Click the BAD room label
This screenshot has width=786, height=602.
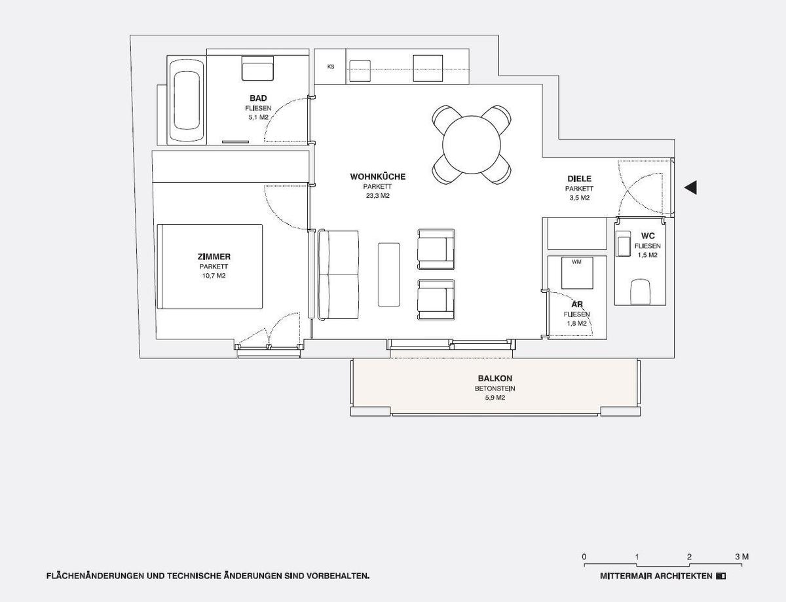point(258,98)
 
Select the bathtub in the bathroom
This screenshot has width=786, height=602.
point(187,101)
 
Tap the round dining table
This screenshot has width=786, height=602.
point(471,144)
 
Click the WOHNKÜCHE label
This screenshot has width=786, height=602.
point(378,177)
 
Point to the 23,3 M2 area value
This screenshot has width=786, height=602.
point(378,195)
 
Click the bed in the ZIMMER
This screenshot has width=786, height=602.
point(210,267)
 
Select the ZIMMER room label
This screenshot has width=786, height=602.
point(214,257)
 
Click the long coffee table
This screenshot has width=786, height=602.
point(389,274)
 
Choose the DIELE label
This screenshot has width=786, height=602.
point(580,179)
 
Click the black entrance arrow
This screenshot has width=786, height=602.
point(690,188)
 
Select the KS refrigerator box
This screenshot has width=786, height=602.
point(331,66)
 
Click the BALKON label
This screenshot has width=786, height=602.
point(495,379)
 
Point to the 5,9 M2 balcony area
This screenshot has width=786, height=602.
point(495,397)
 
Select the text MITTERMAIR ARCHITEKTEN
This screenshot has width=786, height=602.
point(656,576)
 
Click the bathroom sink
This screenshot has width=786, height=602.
point(257,68)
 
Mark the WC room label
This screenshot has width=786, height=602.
point(648,236)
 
